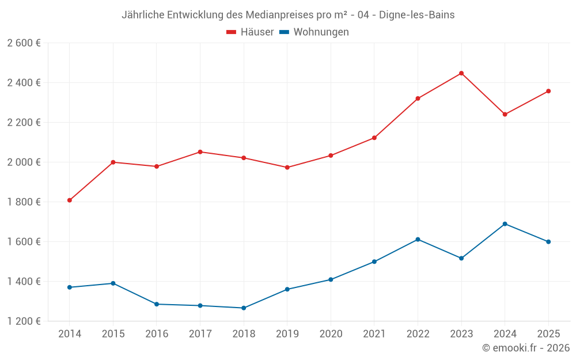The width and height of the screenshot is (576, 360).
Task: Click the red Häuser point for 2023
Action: click(x=461, y=73)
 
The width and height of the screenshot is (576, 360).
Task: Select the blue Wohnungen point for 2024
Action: click(x=505, y=223)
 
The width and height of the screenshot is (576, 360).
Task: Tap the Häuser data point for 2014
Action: click(x=70, y=200)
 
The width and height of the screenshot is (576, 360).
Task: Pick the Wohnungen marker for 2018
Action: click(x=244, y=308)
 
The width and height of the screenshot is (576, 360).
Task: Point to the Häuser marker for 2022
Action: click(x=418, y=98)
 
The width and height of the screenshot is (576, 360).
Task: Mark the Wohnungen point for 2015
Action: click(x=113, y=283)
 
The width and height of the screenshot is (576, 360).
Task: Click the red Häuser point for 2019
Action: click(x=287, y=168)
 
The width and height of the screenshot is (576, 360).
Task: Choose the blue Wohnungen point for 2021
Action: click(x=374, y=262)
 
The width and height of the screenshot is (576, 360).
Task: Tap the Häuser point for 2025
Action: click(x=548, y=91)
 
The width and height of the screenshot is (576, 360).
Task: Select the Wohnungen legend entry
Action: click(x=314, y=32)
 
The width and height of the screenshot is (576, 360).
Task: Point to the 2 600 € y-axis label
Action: click(x=24, y=43)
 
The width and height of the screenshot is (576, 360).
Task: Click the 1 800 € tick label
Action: click(x=24, y=202)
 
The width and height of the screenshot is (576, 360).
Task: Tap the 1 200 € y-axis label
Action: click(x=24, y=321)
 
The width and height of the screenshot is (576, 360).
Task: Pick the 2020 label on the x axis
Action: click(x=331, y=334)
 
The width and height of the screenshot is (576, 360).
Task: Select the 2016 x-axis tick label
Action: click(x=157, y=334)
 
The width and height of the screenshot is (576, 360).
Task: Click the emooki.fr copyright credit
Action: click(x=526, y=348)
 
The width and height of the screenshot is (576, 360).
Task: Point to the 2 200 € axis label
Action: click(x=24, y=123)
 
